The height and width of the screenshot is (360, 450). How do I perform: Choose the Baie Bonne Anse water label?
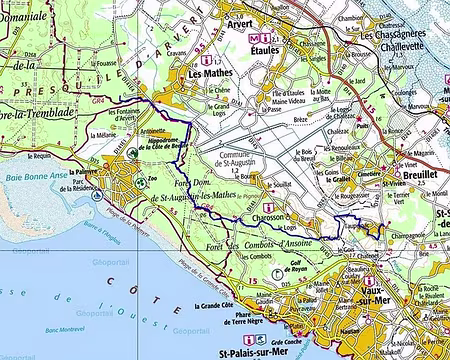pyautogui.click(x=37, y=175)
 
